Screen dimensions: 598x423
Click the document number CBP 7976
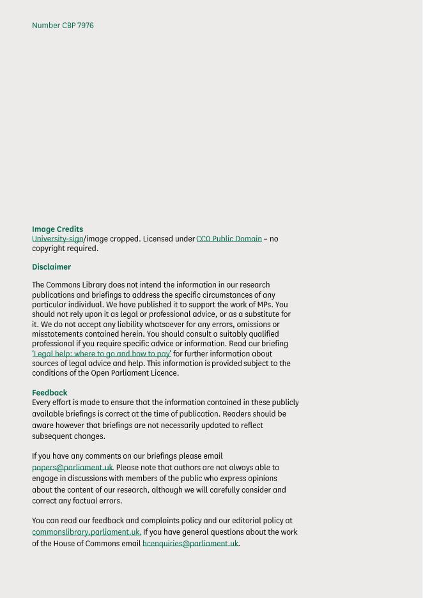point(63,26)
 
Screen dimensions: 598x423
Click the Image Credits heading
point(58,229)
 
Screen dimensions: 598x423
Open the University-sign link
point(58,239)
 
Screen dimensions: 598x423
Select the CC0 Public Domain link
point(229,239)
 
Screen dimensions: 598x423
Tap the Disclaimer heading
point(51,267)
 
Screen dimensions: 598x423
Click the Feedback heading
point(49,393)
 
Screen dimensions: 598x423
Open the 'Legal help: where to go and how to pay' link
point(102,354)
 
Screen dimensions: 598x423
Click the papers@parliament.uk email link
point(72,468)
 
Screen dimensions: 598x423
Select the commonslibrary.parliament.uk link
point(86,532)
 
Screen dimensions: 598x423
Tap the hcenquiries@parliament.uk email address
point(190,544)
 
